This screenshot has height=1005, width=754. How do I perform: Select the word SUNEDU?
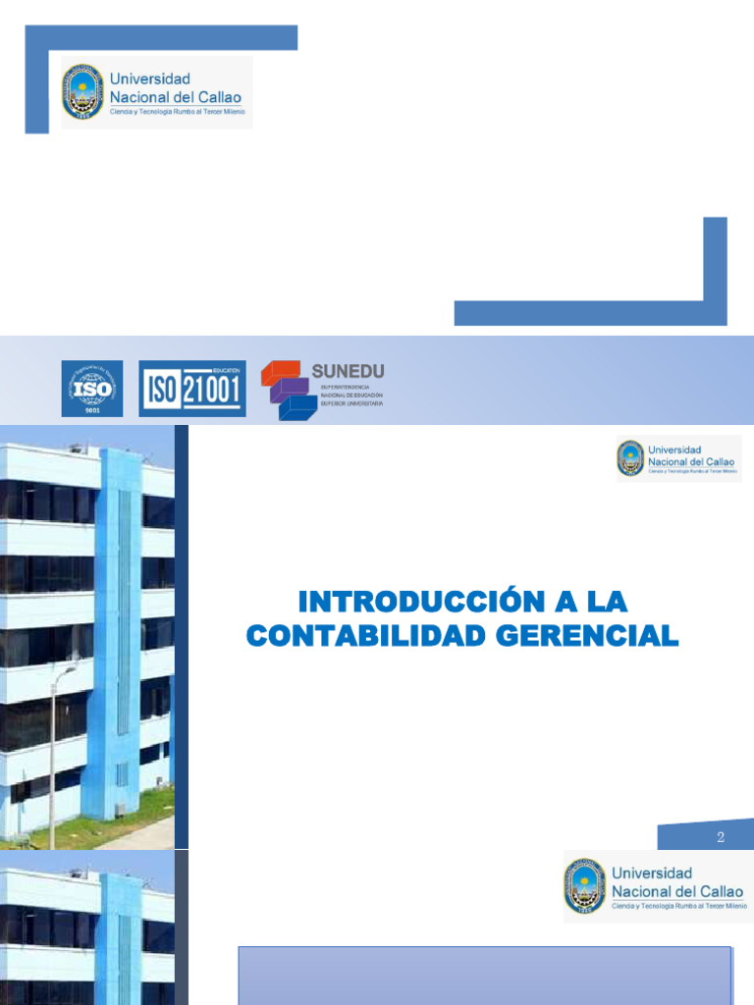(x=348, y=371)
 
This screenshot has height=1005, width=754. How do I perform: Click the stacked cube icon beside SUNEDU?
(x=287, y=390)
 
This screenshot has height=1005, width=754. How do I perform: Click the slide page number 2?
(x=721, y=837)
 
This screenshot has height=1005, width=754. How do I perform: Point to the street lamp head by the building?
(x=68, y=670)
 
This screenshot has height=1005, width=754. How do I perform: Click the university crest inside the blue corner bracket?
(x=82, y=91)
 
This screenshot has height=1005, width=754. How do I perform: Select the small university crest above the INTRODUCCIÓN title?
(x=630, y=457)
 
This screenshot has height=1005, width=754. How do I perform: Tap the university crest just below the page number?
(x=584, y=885)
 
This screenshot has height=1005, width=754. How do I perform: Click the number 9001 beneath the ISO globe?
(x=92, y=410)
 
